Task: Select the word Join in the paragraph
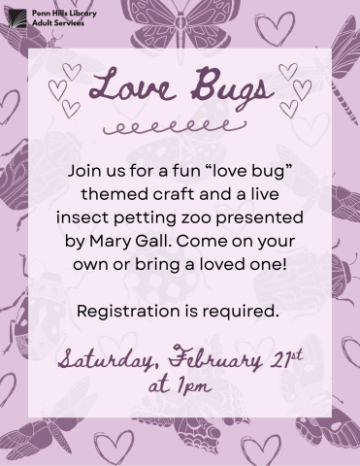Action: (85, 170)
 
